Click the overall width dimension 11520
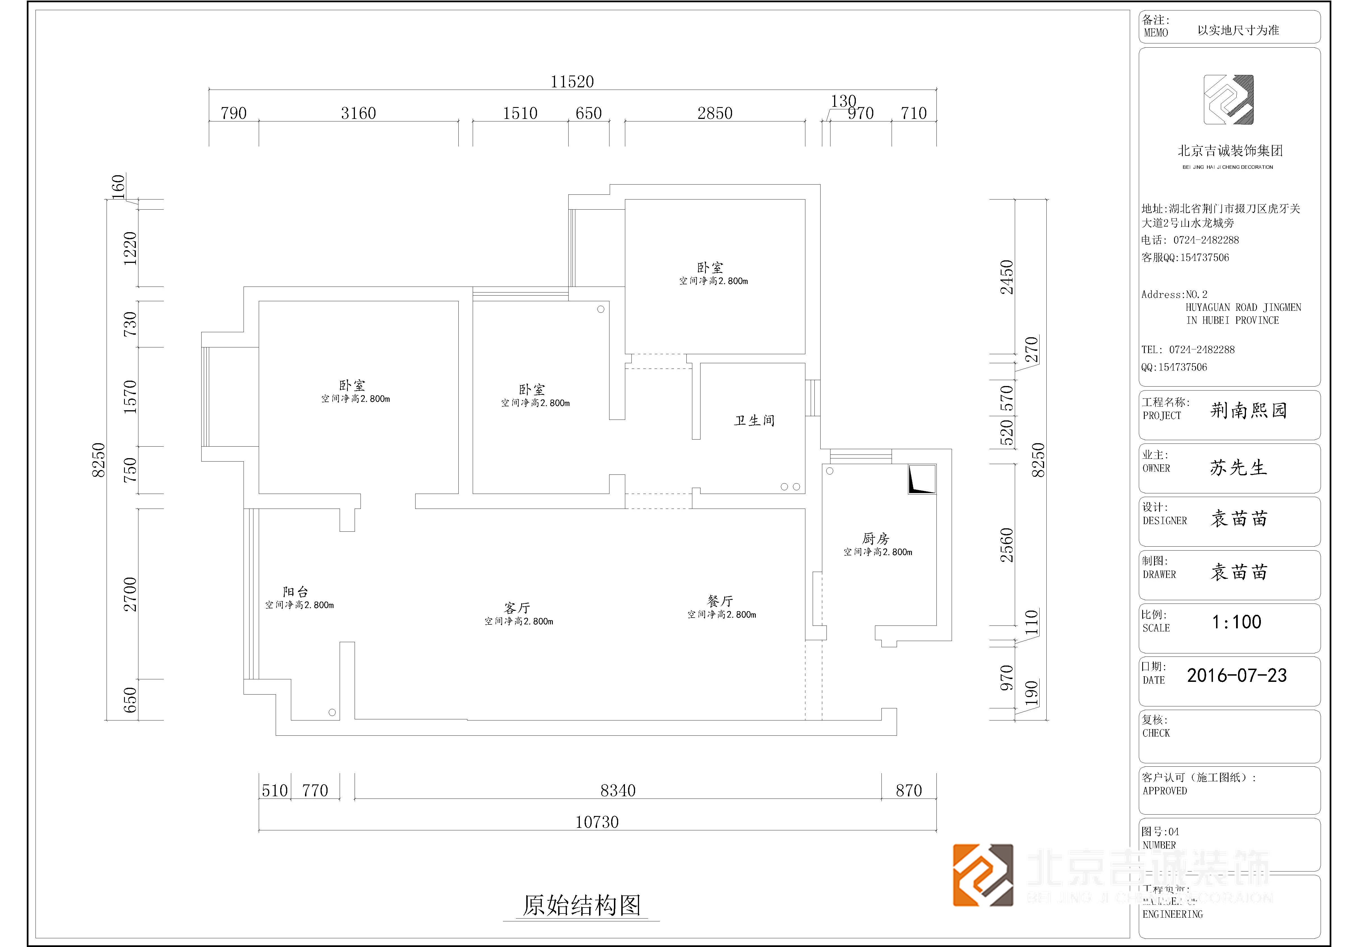click(572, 81)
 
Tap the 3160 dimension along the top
click(358, 113)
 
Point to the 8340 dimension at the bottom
click(618, 790)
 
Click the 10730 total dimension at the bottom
click(597, 822)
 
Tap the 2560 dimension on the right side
click(1007, 545)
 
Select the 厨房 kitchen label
click(875, 538)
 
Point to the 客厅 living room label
click(517, 607)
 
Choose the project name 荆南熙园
click(1248, 410)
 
